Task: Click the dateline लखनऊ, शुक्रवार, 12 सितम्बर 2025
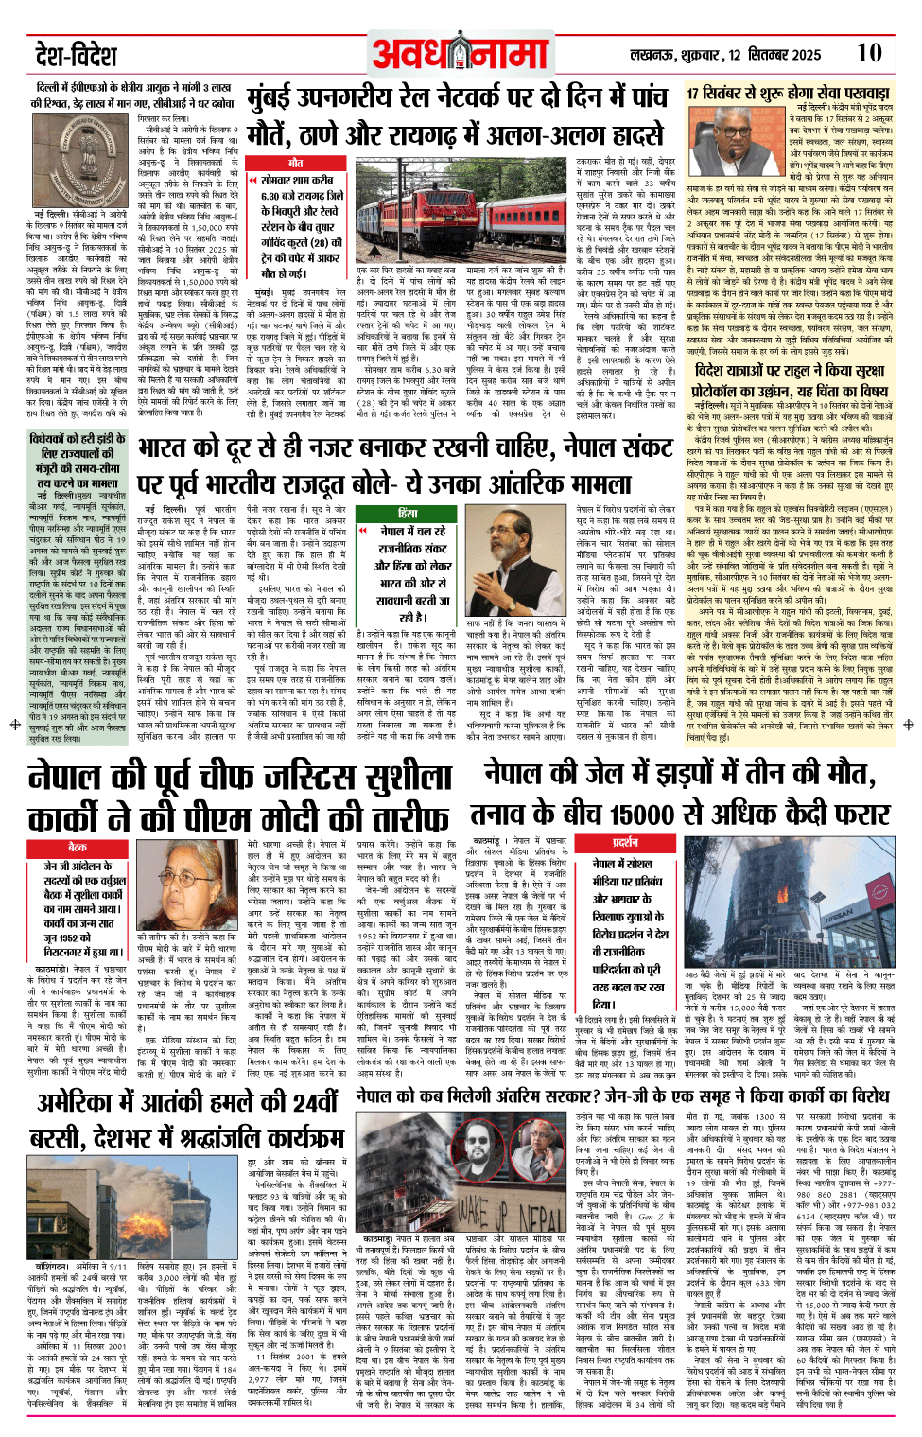tap(726, 55)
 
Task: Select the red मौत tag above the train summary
tap(296, 164)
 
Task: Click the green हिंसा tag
tap(407, 513)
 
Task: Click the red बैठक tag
tap(78, 847)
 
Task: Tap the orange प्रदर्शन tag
tap(625, 841)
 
